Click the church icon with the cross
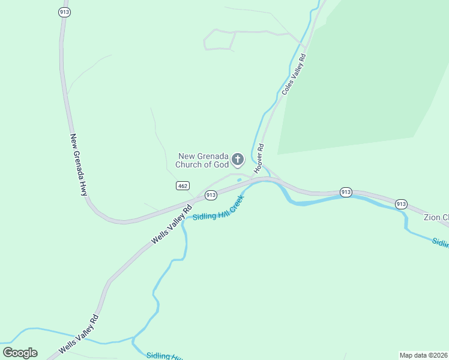[x=238, y=159]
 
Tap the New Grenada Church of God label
[x=203, y=160]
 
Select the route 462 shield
[x=183, y=186]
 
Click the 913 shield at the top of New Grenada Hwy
[x=64, y=12]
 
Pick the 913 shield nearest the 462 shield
[x=210, y=195]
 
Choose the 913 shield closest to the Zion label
[x=401, y=203]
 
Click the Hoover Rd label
[x=259, y=161]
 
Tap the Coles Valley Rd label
[x=294, y=74]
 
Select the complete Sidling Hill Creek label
[x=218, y=207]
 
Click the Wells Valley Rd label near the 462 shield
[x=171, y=224]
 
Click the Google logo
[x=20, y=353]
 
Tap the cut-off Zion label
[x=436, y=217]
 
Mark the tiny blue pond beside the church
[x=239, y=179]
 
